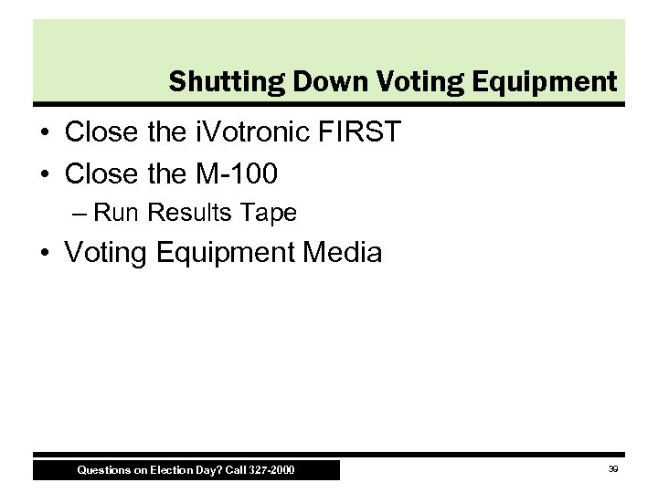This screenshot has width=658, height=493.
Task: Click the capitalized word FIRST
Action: pos(363,133)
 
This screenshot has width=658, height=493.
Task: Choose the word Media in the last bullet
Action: pos(340,252)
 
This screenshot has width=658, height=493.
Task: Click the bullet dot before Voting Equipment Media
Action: pos(45,253)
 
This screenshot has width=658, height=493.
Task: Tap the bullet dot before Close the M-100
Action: pos(45,172)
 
